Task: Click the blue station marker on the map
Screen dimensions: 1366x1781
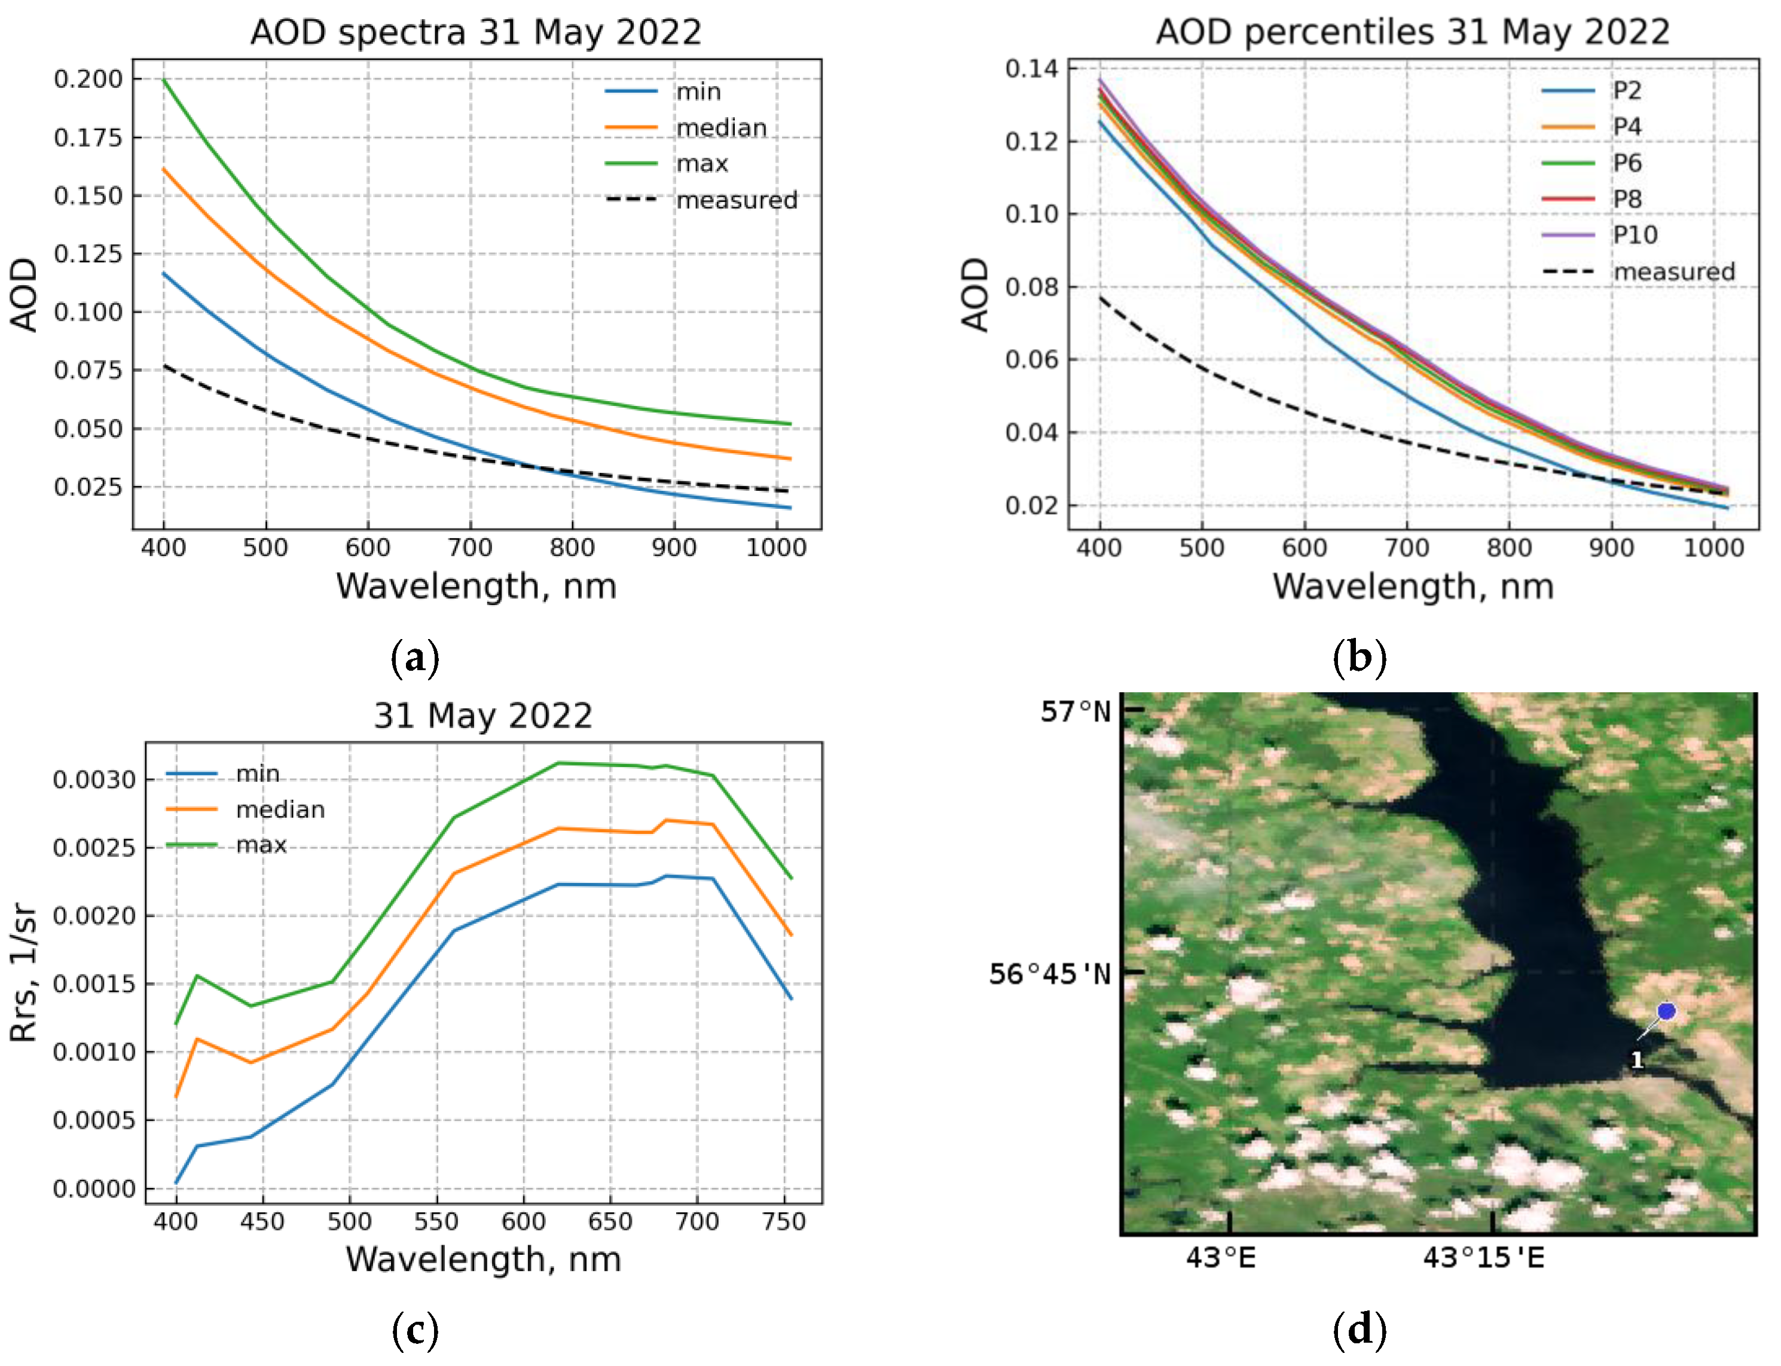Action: point(1666,1011)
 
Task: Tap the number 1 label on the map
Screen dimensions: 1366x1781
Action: point(1637,1061)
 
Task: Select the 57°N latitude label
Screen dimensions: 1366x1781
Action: point(1075,712)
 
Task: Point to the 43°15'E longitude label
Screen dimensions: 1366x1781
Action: point(1483,1258)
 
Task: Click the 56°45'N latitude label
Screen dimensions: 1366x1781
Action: point(1049,973)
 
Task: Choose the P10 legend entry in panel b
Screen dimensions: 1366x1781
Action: point(1635,235)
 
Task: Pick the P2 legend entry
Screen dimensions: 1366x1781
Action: point(1627,90)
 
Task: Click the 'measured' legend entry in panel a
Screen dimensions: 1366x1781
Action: point(736,200)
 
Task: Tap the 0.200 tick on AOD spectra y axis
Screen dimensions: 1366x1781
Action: point(88,79)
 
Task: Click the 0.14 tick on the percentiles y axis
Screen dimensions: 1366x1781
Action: point(1031,68)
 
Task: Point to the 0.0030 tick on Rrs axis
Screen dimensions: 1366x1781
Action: point(93,780)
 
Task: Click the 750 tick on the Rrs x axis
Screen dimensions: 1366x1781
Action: point(784,1222)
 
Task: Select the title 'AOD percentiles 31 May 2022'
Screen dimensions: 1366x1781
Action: point(1413,32)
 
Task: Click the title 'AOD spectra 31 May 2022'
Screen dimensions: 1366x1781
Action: point(476,32)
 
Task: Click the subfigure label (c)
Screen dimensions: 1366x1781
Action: point(415,1330)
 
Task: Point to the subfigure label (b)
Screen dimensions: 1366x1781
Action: point(1359,657)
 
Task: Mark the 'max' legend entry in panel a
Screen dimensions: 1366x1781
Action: point(702,163)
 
